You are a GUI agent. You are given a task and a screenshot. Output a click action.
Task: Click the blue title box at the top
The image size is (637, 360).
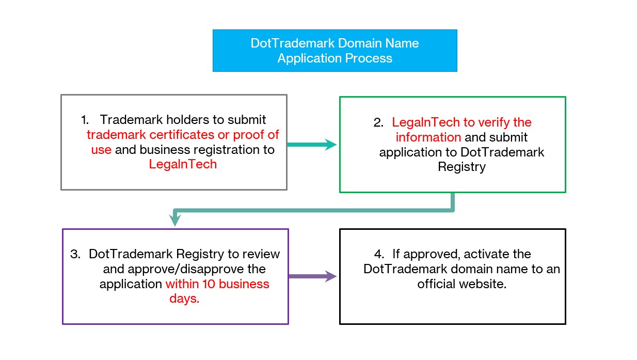[335, 51]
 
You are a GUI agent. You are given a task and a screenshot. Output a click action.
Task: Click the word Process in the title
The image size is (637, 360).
[369, 58]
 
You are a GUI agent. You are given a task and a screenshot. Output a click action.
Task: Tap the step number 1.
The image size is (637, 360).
[85, 120]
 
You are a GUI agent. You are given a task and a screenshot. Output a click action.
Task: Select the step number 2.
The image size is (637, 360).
[378, 122]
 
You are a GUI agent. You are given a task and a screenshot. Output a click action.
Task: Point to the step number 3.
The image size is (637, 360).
[75, 254]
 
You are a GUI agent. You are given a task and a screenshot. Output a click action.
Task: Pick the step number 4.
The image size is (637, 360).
[379, 254]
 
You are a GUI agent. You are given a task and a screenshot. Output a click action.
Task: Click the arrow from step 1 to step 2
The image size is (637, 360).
[312, 145]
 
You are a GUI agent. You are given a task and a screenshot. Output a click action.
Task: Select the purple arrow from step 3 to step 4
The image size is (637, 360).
[312, 276]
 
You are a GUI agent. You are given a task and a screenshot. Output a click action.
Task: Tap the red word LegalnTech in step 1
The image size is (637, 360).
[183, 164]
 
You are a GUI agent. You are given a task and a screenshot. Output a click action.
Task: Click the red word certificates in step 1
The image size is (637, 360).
[182, 135]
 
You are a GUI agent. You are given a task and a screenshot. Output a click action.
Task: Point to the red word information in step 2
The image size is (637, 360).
[428, 137]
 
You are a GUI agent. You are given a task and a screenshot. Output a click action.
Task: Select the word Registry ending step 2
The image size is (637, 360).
[461, 167]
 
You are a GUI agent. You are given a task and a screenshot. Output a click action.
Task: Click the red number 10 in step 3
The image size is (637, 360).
[209, 284]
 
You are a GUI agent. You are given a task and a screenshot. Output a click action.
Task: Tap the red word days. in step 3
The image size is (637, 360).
[184, 299]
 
